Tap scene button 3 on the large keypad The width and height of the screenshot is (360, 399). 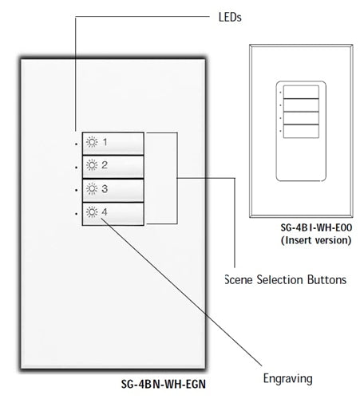[x=113, y=189]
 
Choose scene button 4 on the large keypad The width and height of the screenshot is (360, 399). [x=113, y=212]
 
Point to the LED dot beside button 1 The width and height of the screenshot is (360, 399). [x=77, y=144]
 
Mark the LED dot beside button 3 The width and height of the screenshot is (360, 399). [x=77, y=191]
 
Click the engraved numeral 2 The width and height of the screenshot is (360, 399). [x=105, y=166]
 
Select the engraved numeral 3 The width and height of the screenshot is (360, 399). [x=105, y=189]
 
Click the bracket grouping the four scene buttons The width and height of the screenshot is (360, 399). [x=175, y=178]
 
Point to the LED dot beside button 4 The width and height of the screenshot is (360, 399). [x=77, y=214]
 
